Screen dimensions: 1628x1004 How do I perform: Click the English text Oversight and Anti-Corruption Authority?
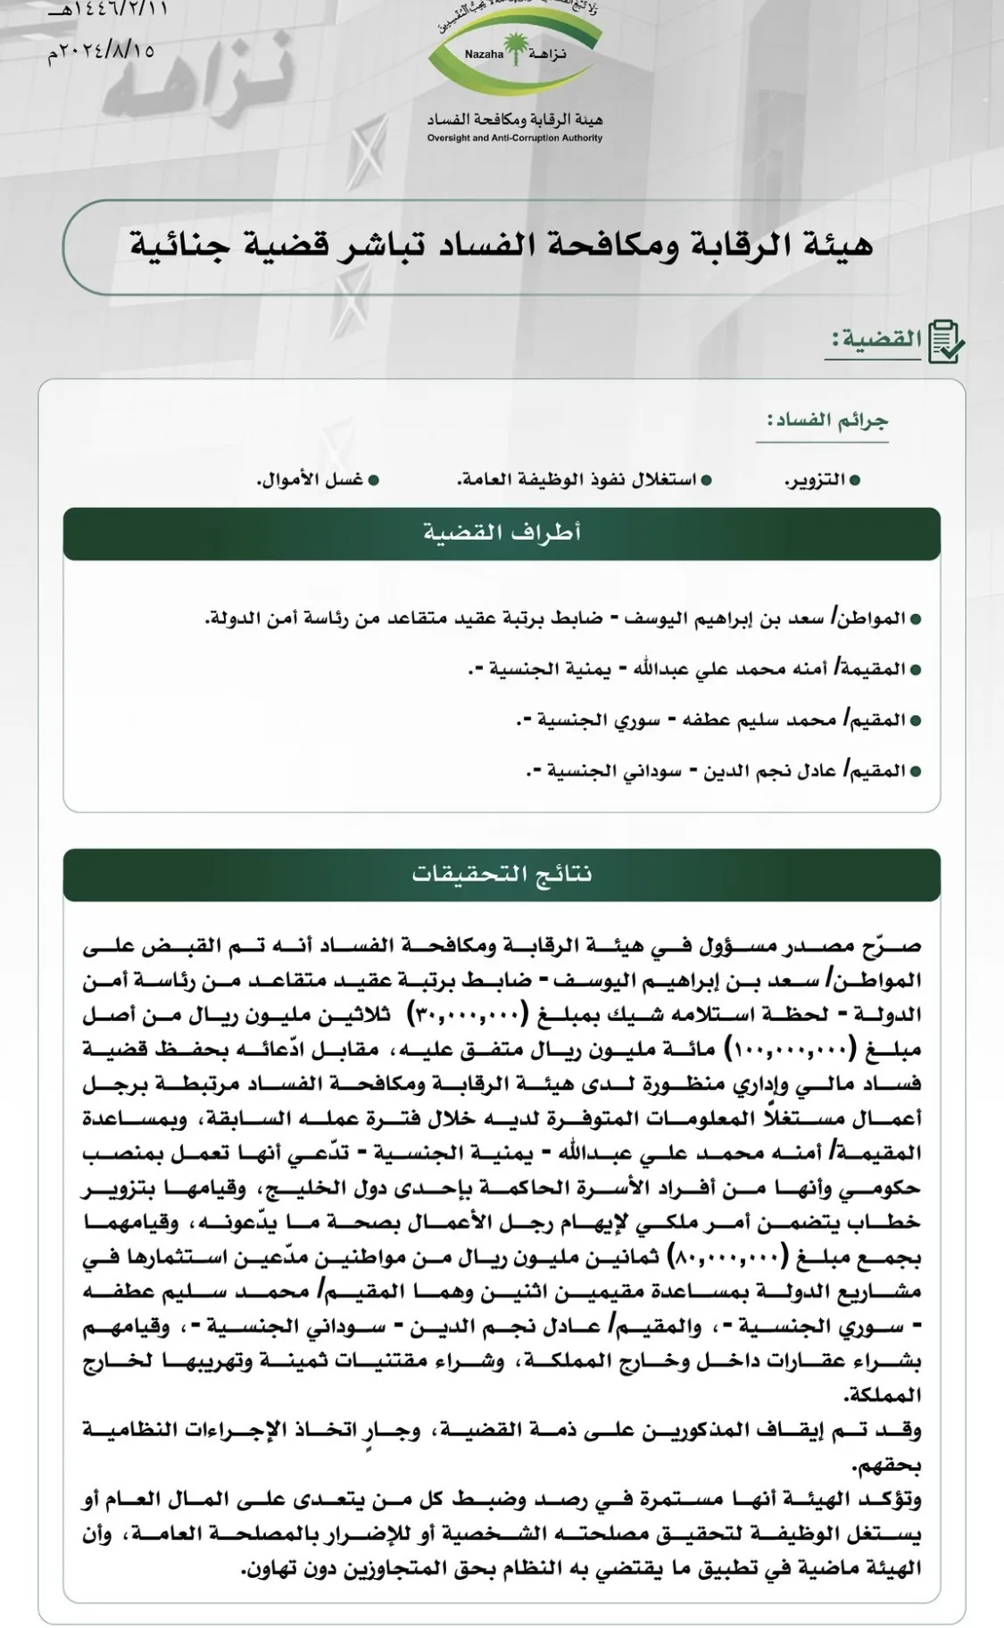point(514,138)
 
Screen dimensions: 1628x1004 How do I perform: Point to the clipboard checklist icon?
point(945,342)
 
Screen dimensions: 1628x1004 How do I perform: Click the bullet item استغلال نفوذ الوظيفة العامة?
point(577,480)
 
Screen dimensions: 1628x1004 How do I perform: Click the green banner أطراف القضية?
point(502,534)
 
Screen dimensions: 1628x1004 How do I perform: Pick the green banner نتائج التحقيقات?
point(502,874)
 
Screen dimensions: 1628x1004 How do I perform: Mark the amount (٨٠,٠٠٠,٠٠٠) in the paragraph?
point(728,1258)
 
